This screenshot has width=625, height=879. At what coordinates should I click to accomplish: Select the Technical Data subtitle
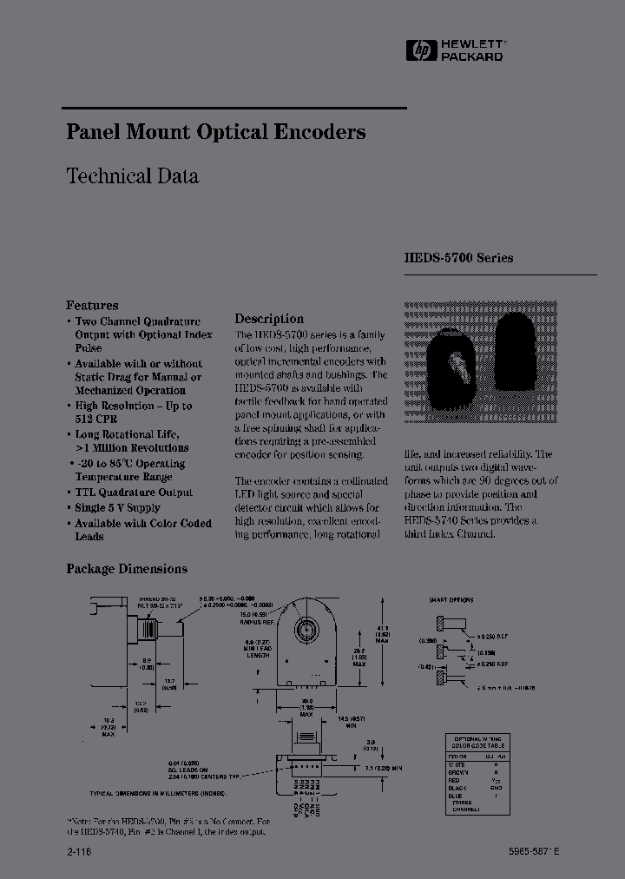coord(132,175)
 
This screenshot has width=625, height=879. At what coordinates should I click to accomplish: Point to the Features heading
coord(92,305)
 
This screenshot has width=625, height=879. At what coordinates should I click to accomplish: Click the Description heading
coord(269,319)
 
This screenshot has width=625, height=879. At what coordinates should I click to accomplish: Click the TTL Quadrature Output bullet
coord(134,492)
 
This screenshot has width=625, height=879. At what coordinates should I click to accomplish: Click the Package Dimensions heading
coord(127,569)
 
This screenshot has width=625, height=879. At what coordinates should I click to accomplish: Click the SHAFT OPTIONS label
coord(451,600)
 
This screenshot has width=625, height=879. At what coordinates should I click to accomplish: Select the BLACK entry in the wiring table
coord(460,787)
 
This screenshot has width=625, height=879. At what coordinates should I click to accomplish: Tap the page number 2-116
coord(79,853)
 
